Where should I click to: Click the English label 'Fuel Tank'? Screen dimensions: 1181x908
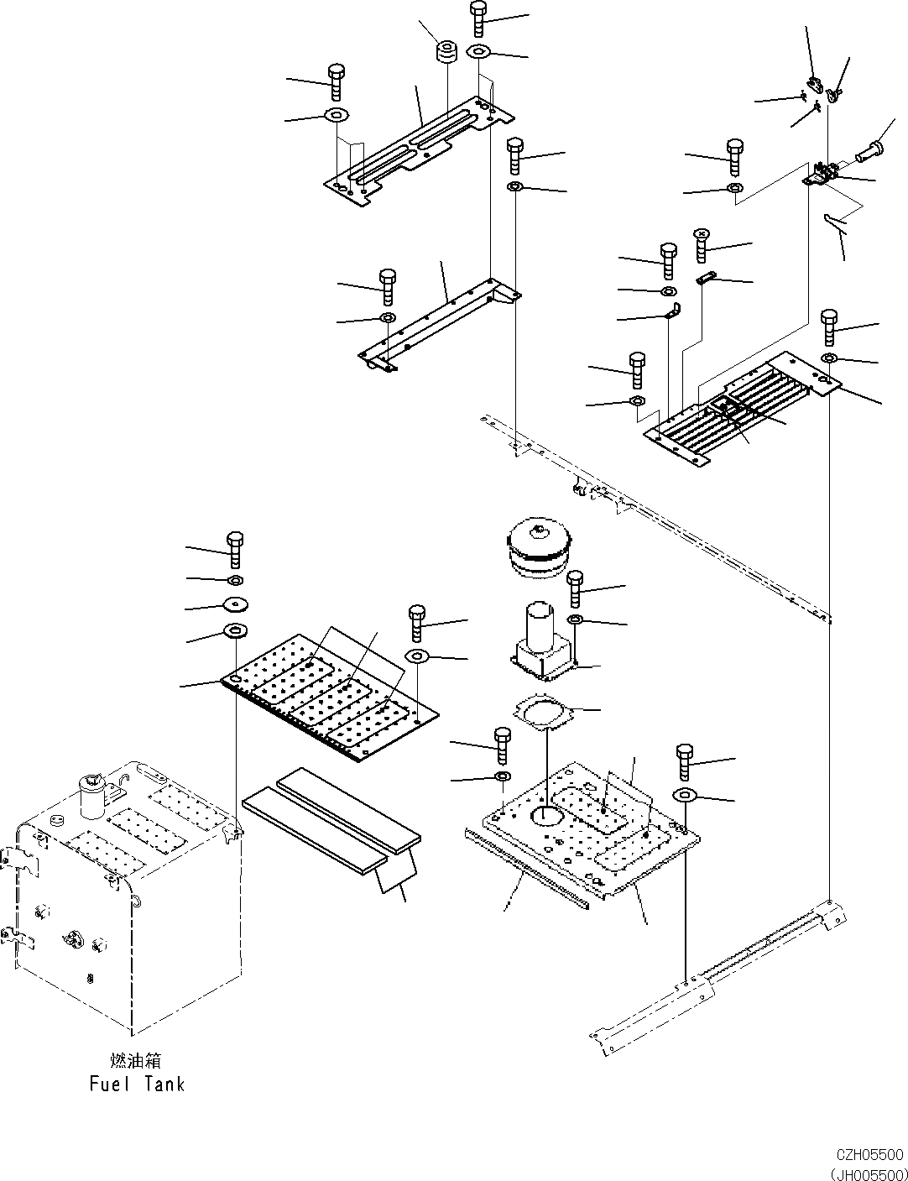pos(137,1084)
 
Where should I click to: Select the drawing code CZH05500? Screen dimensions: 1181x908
pos(869,1155)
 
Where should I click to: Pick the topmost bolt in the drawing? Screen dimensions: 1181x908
pos(478,17)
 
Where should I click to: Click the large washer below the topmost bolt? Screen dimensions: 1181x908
pos(478,51)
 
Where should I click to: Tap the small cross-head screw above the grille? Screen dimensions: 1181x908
pos(703,244)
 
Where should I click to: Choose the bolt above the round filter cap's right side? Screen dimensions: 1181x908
pos(575,588)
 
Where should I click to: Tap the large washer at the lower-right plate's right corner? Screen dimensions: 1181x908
pos(684,795)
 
